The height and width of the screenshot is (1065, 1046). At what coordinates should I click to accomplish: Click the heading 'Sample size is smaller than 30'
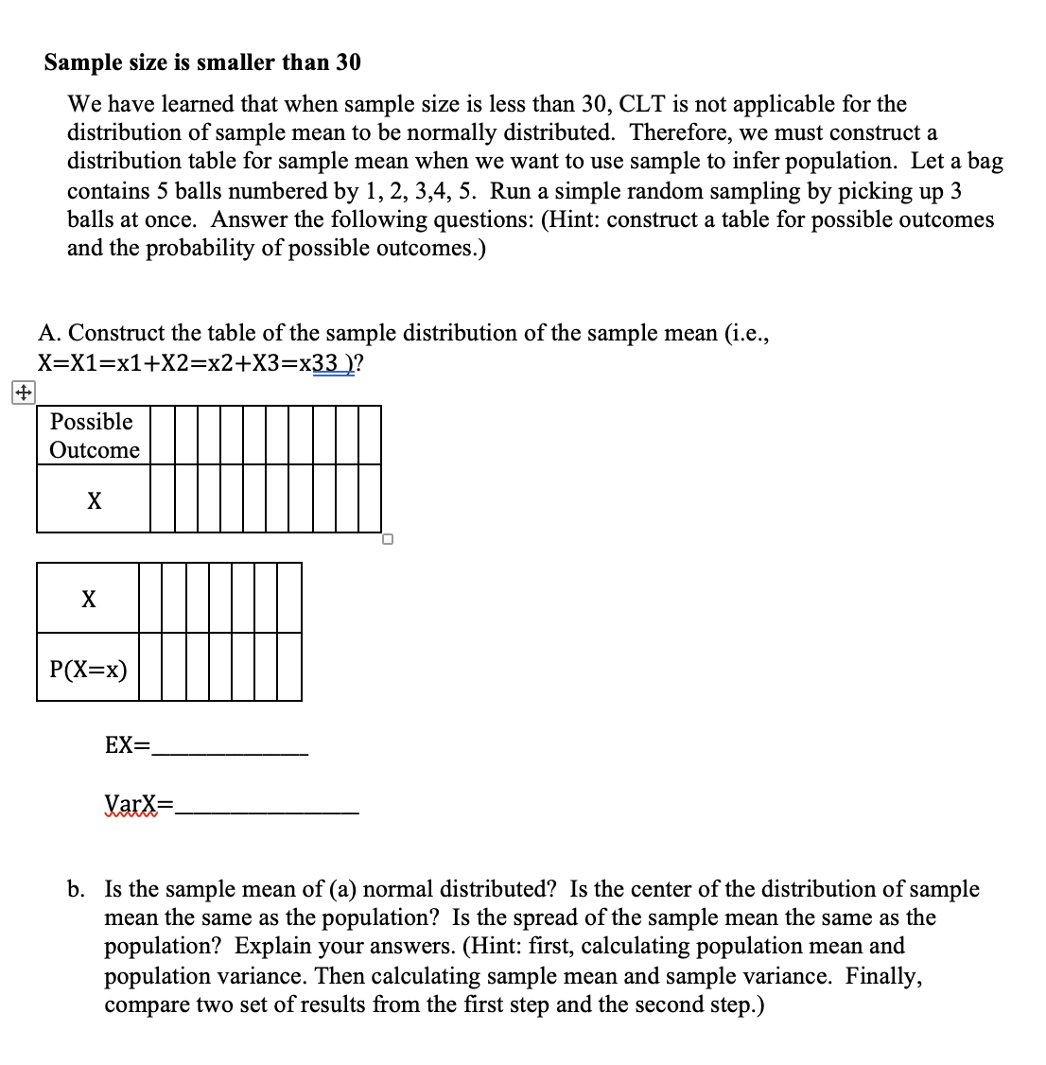click(x=202, y=62)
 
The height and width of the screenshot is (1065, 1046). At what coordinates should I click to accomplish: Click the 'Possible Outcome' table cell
click(x=94, y=435)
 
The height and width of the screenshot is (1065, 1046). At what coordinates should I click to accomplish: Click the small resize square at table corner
click(x=387, y=540)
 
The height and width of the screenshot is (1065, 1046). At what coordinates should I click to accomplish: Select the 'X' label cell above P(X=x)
click(x=88, y=599)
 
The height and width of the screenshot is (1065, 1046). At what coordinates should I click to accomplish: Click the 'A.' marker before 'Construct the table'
click(x=50, y=333)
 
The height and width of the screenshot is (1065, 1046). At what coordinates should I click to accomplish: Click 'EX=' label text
click(x=127, y=745)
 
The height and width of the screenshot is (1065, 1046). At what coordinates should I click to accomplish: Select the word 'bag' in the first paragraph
click(x=985, y=162)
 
